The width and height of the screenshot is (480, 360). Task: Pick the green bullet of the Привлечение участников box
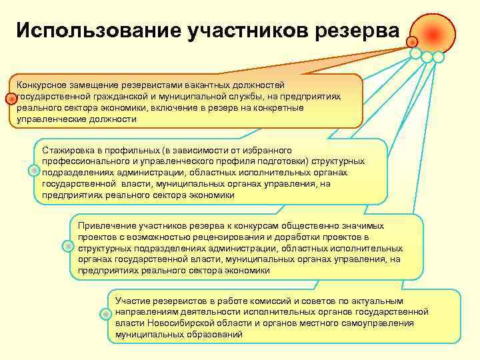69,246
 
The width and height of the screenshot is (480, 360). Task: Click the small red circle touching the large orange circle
413,41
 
